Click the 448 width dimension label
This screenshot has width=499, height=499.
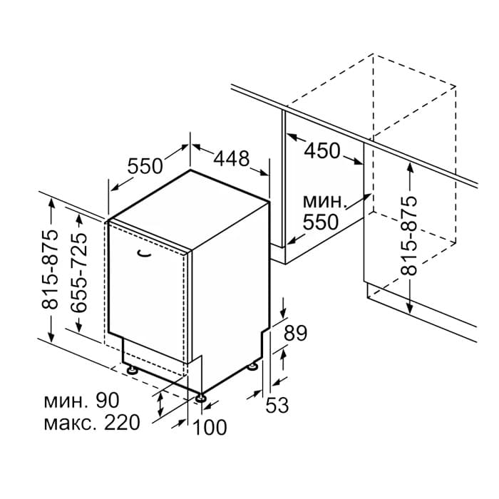click(x=232, y=158)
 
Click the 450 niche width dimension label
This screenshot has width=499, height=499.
click(x=322, y=150)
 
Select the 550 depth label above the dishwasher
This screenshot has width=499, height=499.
click(x=145, y=166)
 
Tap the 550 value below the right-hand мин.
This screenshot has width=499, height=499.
click(x=320, y=222)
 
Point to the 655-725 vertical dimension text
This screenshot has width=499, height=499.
click(x=78, y=272)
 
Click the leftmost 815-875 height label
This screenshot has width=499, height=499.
click(x=50, y=269)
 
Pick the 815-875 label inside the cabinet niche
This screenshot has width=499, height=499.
click(x=408, y=236)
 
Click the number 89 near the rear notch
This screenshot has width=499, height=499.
click(x=295, y=333)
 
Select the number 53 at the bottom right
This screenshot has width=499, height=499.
click(x=277, y=405)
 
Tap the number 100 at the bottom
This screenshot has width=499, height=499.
click(x=210, y=427)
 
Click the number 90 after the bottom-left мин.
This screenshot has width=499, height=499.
click(x=108, y=401)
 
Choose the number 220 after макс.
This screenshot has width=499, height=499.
click(x=122, y=423)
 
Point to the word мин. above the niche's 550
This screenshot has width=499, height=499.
click(x=324, y=202)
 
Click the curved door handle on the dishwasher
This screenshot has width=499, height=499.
click(x=144, y=253)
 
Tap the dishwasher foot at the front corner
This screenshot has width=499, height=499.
click(x=200, y=398)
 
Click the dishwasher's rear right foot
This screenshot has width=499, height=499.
click(x=253, y=366)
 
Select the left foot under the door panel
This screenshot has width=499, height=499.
click(x=132, y=370)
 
